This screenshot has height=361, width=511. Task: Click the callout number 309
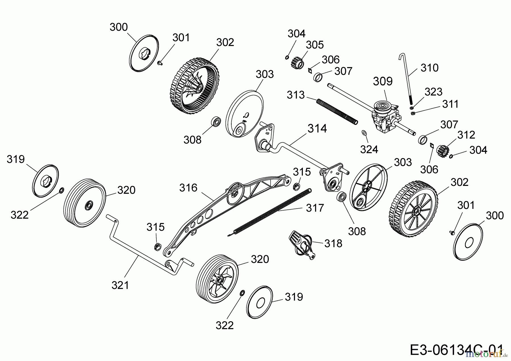(x=383, y=81)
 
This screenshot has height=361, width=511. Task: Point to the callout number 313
(x=296, y=95)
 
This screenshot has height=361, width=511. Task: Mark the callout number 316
(x=188, y=188)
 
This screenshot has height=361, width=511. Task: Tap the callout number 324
(x=369, y=149)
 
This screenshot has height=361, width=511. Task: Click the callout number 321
(x=120, y=285)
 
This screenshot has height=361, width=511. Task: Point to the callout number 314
(x=317, y=129)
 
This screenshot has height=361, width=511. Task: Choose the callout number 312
(x=466, y=135)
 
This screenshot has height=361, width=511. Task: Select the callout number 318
(x=333, y=243)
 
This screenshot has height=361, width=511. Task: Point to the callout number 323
(x=433, y=92)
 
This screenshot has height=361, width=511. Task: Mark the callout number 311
(x=450, y=104)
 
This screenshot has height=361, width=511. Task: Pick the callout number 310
(x=429, y=68)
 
